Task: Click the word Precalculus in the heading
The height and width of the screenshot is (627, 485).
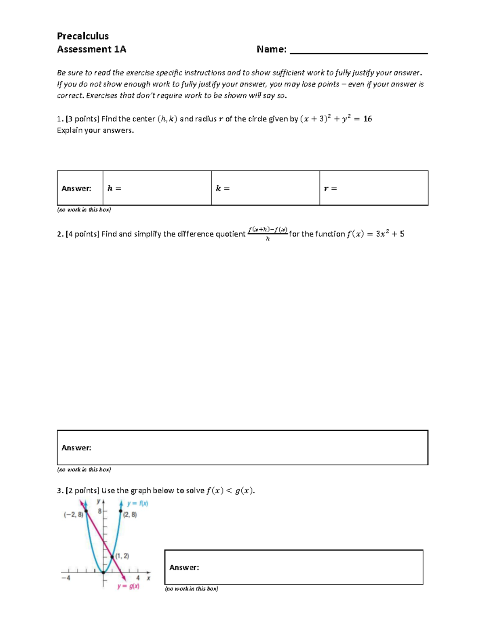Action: [x=82, y=36]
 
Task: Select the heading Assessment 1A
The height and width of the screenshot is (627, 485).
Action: [x=91, y=49]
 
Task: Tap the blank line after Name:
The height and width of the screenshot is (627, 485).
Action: [x=358, y=50]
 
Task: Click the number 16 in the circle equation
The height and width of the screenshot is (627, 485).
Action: [x=367, y=119]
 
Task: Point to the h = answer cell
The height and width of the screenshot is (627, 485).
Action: [x=157, y=188]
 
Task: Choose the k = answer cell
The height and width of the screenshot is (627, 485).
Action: [x=265, y=188]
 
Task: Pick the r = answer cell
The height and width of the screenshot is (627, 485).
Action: [x=373, y=188]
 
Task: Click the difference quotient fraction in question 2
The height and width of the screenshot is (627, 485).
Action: [x=268, y=234]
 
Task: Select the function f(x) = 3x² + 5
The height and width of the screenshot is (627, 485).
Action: [x=375, y=234]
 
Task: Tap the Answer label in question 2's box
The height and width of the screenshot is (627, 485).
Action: [x=76, y=448]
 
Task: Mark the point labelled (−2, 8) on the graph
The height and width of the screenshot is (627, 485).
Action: [x=86, y=512]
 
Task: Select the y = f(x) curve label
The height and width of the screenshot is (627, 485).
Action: [x=137, y=503]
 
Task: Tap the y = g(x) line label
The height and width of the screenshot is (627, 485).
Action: [x=129, y=586]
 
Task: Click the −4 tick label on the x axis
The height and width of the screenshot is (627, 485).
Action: [x=66, y=578]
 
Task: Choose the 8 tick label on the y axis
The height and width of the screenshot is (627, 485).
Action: [x=99, y=511]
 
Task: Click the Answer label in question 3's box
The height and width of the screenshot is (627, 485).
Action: [x=184, y=567]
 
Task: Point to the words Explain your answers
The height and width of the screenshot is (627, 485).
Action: [x=95, y=130]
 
